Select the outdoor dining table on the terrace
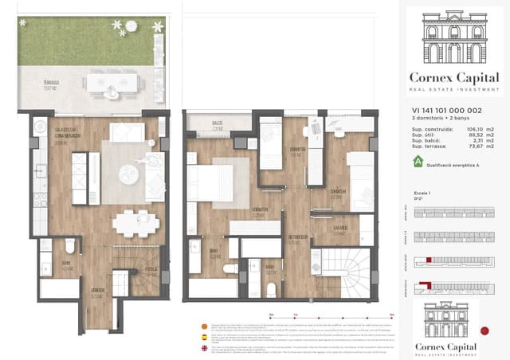(112, 82)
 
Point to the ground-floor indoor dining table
(132, 223)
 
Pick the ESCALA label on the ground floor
(151, 270)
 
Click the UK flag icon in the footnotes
(204, 347)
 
